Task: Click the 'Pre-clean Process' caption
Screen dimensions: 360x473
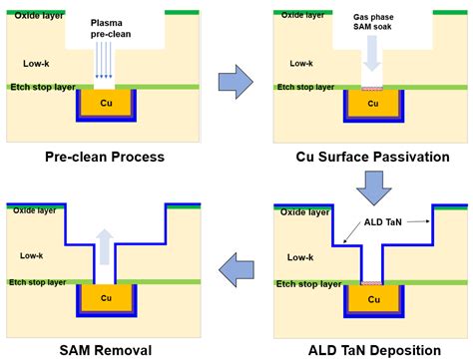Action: pos(104,158)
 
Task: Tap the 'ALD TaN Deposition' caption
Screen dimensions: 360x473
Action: pos(370,349)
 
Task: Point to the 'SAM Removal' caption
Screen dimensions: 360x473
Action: pos(104,349)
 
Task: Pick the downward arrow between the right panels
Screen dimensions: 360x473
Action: pos(370,183)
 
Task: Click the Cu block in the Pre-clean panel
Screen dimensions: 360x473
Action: pos(104,103)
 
